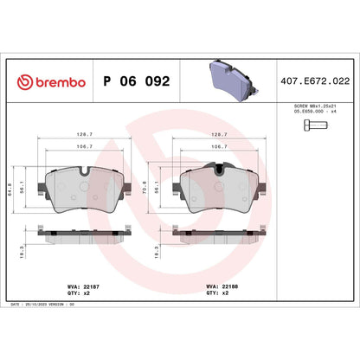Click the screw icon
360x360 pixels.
[314, 127]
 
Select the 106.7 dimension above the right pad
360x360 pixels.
[220, 147]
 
